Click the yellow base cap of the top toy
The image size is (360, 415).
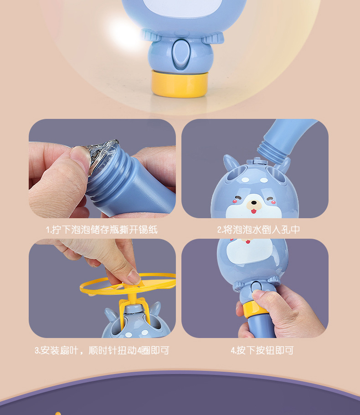click(180, 84)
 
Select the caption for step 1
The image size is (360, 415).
click(102, 230)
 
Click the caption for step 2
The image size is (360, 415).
click(258, 230)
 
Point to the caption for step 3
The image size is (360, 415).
click(102, 350)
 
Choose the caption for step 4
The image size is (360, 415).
click(262, 350)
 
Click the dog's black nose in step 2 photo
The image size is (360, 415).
click(254, 203)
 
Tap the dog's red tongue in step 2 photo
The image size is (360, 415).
click(254, 211)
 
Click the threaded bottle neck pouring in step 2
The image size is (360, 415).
click(273, 153)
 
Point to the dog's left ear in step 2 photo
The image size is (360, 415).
click(231, 163)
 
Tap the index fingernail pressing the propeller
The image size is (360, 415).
click(134, 277)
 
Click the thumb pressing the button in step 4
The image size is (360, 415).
click(262, 297)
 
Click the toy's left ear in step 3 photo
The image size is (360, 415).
click(111, 315)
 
